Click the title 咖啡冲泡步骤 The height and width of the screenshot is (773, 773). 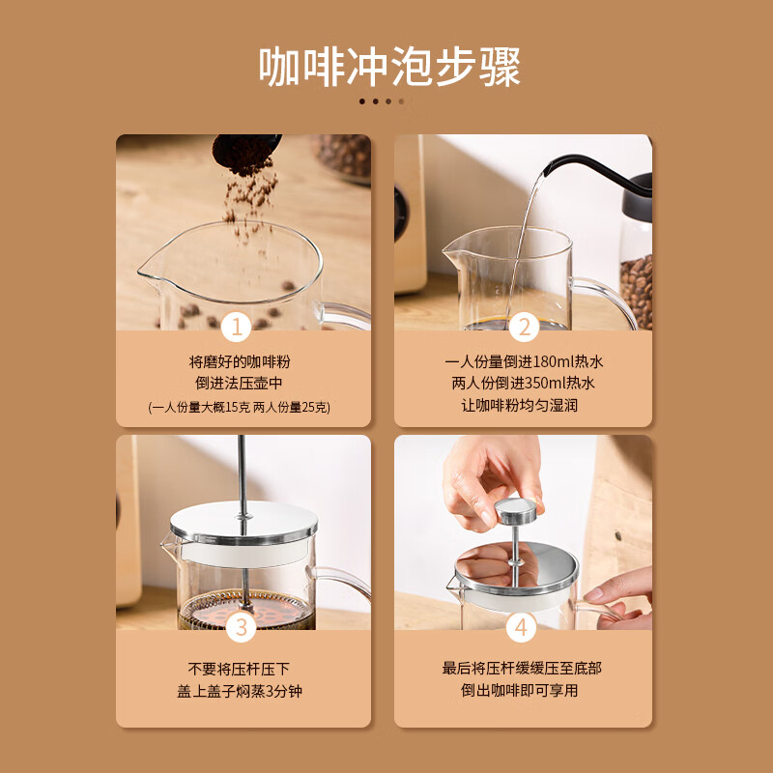click(389, 67)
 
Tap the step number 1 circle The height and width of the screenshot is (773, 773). click(236, 328)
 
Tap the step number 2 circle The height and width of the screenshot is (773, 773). click(523, 328)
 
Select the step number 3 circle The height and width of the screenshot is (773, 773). click(242, 628)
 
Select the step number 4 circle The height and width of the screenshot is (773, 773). click(522, 628)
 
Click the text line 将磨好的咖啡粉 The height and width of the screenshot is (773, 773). click(240, 362)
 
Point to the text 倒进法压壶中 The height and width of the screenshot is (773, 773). click(240, 385)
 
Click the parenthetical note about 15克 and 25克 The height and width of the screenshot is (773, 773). click(240, 407)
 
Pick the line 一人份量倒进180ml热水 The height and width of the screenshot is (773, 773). click(524, 362)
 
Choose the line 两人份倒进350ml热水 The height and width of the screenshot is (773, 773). click(524, 384)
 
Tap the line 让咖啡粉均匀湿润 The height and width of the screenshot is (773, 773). click(524, 406)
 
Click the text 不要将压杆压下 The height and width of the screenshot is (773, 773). click(239, 669)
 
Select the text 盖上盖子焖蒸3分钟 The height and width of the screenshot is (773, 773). click(239, 691)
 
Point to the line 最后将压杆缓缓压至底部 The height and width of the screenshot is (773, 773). click(523, 669)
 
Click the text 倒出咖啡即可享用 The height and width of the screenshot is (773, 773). click(523, 691)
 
